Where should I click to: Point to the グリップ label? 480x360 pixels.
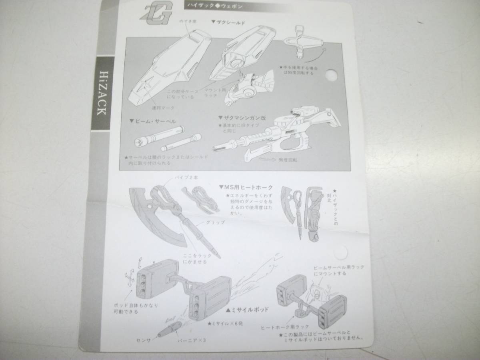pos(216,222)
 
